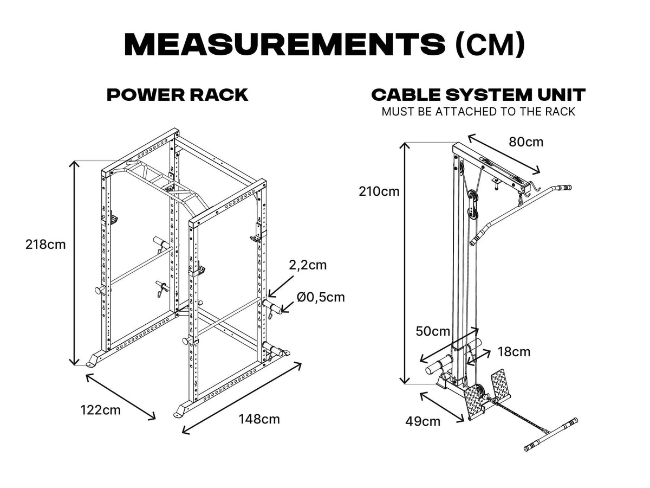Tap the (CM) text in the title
pos(490,44)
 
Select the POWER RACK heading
pos(178,95)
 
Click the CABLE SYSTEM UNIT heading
pos(478,95)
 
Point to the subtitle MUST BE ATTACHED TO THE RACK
pos(478,112)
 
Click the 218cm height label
pos(45,245)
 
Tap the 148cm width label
pos(259,419)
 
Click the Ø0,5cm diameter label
pos(321,297)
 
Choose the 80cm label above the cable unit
pos(525,142)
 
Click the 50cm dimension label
pos(433,331)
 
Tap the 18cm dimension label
pos(513,352)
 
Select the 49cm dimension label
pos(423,421)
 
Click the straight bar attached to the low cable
pos(550,434)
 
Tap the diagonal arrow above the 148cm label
pos(242,399)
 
